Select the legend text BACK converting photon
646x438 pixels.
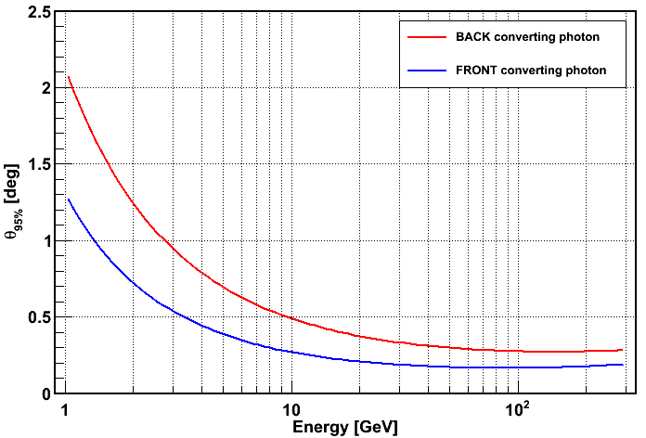pyautogui.click(x=525, y=36)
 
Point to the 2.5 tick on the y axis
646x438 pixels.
pyautogui.click(x=38, y=12)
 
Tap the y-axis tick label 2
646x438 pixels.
pyautogui.click(x=45, y=88)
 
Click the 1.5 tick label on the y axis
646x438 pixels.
pyautogui.click(x=38, y=164)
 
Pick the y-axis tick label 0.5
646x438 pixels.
pyautogui.click(x=38, y=317)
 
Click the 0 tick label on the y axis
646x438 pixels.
pyautogui.click(x=45, y=393)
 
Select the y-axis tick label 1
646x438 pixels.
pyautogui.click(x=45, y=241)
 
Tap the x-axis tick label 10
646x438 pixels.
pyautogui.click(x=291, y=410)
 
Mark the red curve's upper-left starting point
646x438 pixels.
pyautogui.click(x=68, y=77)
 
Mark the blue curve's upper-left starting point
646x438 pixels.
pyautogui.click(x=68, y=199)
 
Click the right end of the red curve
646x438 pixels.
pyautogui.click(x=622, y=350)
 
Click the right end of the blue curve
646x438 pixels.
pyautogui.click(x=622, y=365)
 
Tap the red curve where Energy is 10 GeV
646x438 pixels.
pyautogui.click(x=291, y=318)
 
